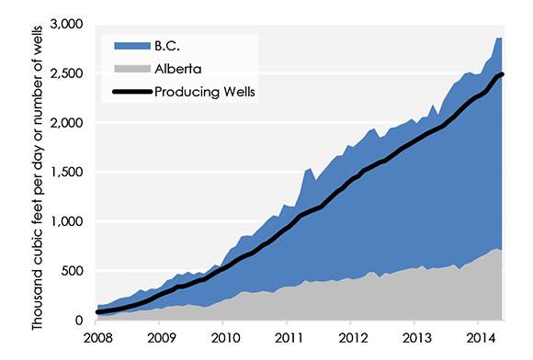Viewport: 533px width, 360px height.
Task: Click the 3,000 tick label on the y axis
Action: click(69, 24)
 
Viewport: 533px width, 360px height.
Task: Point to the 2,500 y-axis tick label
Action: click(69, 73)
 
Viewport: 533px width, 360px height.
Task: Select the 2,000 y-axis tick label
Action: click(69, 123)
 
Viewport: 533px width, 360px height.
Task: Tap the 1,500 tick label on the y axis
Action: click(69, 173)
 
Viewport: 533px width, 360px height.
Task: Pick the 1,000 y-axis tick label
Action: click(69, 222)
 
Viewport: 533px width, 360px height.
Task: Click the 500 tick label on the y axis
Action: click(76, 272)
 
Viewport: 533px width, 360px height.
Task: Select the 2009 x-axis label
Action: click(160, 338)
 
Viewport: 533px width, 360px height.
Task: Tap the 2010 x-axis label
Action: click(223, 338)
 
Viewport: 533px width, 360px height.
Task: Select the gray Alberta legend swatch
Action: click(130, 67)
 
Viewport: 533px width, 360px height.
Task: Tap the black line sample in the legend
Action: click(130, 91)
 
